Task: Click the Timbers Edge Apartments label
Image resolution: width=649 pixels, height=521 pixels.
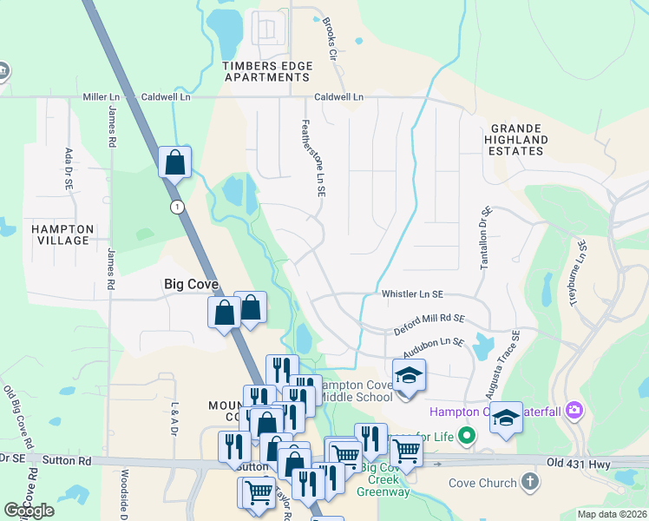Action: point(266,71)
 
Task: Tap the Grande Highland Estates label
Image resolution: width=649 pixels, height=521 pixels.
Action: point(516,139)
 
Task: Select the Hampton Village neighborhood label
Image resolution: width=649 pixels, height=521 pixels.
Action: point(61,234)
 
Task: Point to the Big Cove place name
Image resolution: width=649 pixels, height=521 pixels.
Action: point(191,284)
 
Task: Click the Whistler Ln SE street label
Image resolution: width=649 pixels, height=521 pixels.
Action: point(413,295)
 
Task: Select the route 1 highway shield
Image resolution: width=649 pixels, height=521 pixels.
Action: point(178,206)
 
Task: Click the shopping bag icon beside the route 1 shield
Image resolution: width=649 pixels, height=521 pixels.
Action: point(175,162)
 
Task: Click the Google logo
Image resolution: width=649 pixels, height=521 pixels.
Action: point(29,511)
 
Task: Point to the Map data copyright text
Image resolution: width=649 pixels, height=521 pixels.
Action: point(611,514)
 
